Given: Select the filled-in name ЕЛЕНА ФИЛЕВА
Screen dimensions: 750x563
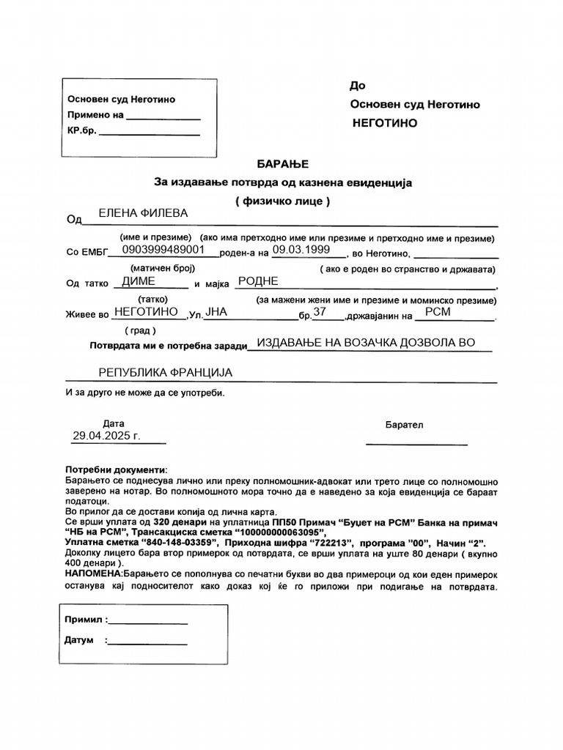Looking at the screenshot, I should click(143, 213).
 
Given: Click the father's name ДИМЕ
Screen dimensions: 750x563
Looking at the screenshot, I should click(138, 281).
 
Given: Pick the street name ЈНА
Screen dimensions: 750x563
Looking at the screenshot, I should click(217, 312).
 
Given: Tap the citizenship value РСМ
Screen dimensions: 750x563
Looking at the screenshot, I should click(438, 312).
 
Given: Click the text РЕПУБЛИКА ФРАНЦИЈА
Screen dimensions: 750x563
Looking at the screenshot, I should click(165, 373).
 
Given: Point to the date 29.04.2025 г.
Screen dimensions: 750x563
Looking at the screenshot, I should click(106, 436).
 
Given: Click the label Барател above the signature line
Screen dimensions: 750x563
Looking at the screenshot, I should click(404, 425).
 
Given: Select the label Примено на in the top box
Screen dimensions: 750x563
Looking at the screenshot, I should click(96, 115).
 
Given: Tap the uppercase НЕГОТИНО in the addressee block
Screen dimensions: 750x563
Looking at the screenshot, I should click(385, 123).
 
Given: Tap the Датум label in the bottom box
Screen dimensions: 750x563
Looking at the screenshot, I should click(79, 640).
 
